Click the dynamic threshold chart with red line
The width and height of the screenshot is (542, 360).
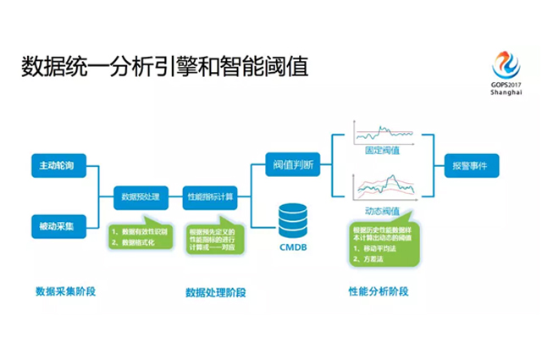383,188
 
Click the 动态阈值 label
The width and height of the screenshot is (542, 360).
383,211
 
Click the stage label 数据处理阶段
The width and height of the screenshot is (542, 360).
216,292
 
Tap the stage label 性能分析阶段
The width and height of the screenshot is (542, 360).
378,291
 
